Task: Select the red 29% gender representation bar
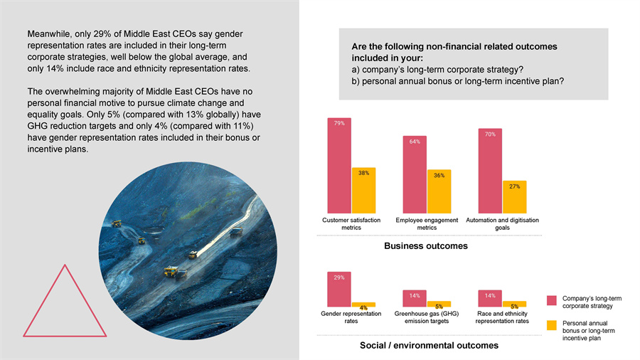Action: point(338,290)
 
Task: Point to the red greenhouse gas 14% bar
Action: point(415,298)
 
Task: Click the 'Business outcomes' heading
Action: point(425,246)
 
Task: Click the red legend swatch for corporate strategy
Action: point(551,301)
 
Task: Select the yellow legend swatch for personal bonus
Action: point(551,325)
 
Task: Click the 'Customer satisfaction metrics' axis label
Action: point(351,224)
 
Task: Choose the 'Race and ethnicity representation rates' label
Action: point(502,317)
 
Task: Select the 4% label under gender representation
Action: point(363,307)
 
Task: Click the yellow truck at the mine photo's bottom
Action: point(171,271)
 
